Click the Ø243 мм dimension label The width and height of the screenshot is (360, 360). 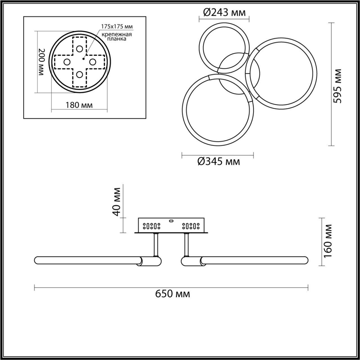pyautogui.click(x=224, y=13)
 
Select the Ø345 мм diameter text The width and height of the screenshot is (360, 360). pyautogui.click(x=219, y=162)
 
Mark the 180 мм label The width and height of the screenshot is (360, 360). pyautogui.click(x=79, y=105)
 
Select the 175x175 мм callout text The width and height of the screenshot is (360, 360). pyautogui.click(x=117, y=26)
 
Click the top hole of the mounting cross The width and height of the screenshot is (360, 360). pyautogui.click(x=80, y=49)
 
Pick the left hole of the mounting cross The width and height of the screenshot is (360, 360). pyautogui.click(x=67, y=62)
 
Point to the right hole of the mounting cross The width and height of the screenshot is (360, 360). pyautogui.click(x=93, y=62)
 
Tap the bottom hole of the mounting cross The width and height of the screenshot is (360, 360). pyautogui.click(x=80, y=75)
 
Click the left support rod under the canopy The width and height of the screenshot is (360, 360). pyautogui.click(x=156, y=244)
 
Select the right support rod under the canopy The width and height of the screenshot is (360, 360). pyautogui.click(x=186, y=244)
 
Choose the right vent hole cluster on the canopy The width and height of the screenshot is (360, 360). pyautogui.click(x=191, y=226)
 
